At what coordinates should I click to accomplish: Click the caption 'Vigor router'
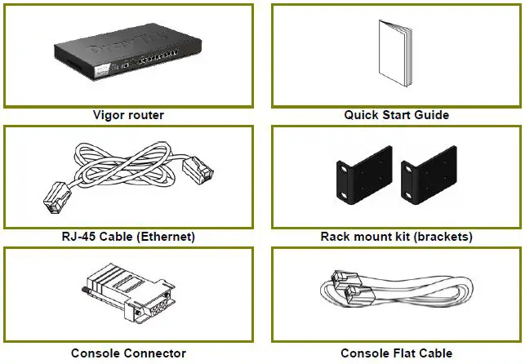click(x=128, y=115)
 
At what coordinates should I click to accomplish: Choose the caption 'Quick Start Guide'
click(x=396, y=115)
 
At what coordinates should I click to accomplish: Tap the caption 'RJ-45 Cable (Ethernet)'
click(x=128, y=237)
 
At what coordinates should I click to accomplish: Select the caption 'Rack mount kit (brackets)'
click(x=396, y=237)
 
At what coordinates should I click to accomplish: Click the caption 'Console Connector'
click(x=128, y=353)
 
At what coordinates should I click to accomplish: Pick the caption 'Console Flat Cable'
click(x=396, y=353)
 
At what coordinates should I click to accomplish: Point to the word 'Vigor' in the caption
click(x=109, y=115)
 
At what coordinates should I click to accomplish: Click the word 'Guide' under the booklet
click(x=432, y=115)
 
